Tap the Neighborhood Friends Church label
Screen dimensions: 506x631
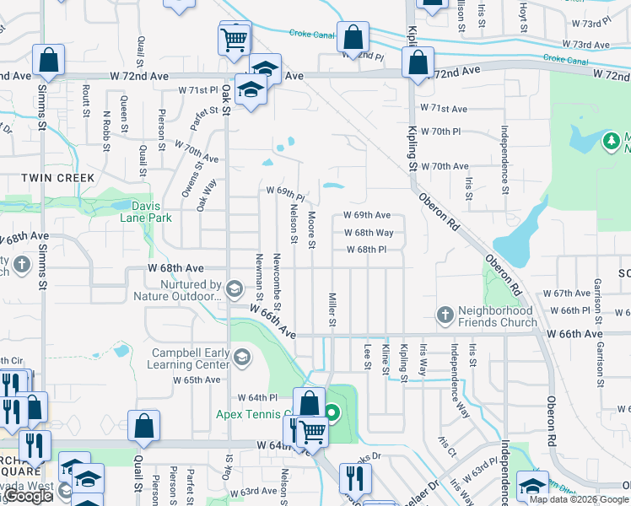[x=498, y=316]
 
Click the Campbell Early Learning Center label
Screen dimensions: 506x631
[x=191, y=358]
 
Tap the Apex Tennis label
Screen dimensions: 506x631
[x=253, y=413]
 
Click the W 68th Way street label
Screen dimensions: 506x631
[x=369, y=233]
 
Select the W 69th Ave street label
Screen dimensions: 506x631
[x=367, y=216]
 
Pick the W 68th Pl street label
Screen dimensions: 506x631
[x=365, y=250]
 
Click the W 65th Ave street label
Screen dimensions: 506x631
[x=197, y=380]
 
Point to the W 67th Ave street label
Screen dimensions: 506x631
[x=567, y=293]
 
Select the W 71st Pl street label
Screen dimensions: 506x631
[x=197, y=89]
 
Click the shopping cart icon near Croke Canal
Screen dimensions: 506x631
[x=234, y=39]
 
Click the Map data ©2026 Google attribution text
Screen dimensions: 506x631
[x=579, y=498]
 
